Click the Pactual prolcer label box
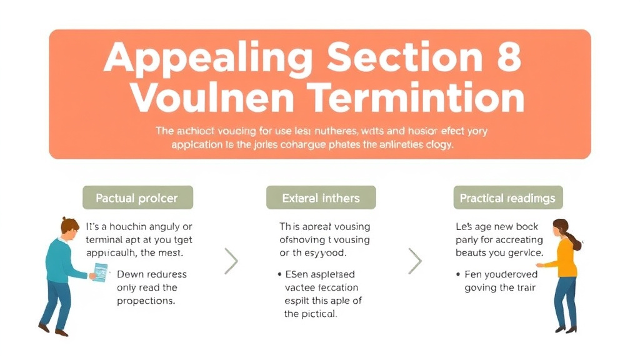pos(137,198)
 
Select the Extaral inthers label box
pos(321,198)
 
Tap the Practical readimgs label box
pos(507,198)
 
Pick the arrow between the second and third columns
pos(414,261)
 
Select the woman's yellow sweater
pos(564,257)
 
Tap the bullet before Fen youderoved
pos(458,274)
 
